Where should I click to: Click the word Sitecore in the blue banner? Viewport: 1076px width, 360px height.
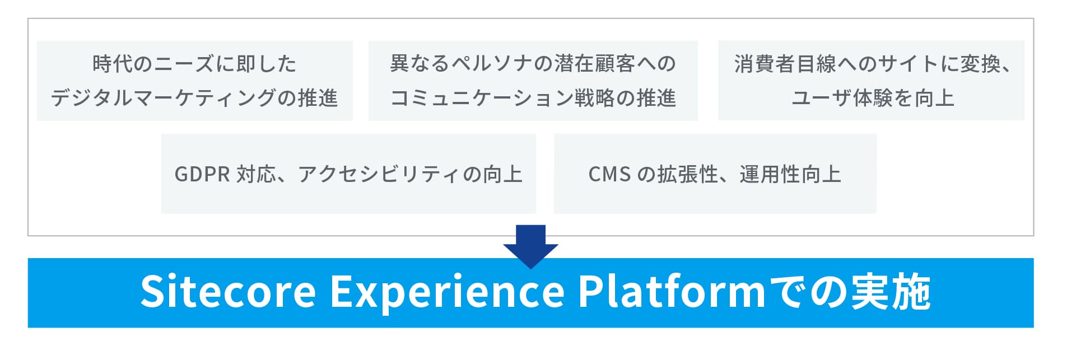coord(228,292)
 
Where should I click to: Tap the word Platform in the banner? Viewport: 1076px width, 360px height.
coord(671,291)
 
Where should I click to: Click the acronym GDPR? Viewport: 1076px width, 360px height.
coord(202,174)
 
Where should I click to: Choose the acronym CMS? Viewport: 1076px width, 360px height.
coord(609,174)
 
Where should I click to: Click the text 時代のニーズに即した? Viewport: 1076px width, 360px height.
coord(194,64)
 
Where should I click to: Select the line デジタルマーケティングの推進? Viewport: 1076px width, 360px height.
coord(194,98)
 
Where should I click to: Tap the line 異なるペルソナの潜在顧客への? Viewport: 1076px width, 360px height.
coord(533,63)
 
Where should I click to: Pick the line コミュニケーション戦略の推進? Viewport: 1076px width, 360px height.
coord(533,98)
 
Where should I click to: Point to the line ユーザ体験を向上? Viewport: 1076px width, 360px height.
coord(873,98)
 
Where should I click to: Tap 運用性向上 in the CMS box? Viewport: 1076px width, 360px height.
coord(790,174)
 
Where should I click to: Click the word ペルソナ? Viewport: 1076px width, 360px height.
coord(483,63)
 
